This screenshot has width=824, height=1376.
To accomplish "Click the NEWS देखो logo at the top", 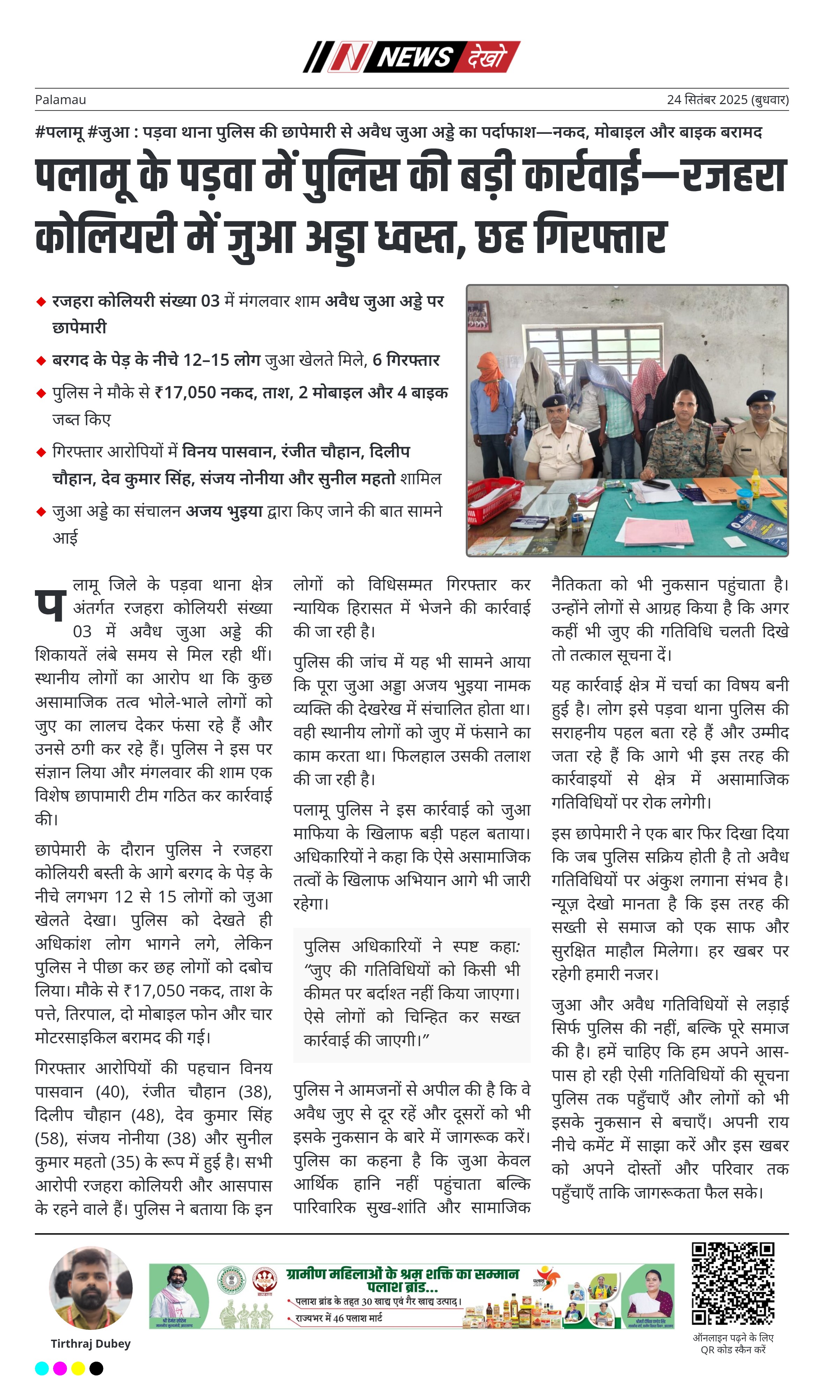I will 411,57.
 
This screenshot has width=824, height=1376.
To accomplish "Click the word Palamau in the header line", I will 60,100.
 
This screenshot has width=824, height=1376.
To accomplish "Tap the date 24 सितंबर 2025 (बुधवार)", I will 727,100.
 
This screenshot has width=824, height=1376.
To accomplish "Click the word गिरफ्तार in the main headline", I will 600,236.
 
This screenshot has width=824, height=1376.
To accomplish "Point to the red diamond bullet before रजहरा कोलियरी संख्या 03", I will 41,302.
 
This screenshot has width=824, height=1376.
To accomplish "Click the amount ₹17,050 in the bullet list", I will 185,393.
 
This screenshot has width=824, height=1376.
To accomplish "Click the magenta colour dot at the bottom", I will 60,1368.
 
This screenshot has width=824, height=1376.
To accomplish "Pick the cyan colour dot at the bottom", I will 42,1368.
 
